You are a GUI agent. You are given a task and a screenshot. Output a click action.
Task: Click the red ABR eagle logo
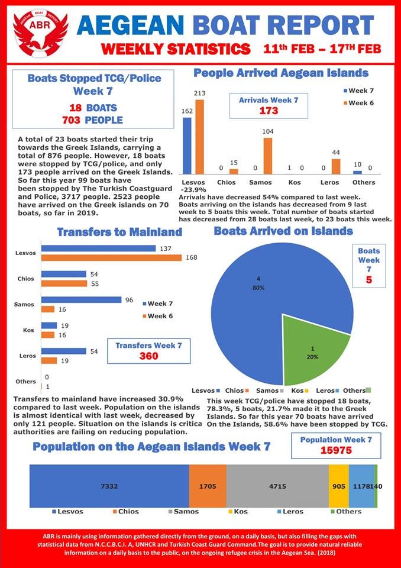point(40,35)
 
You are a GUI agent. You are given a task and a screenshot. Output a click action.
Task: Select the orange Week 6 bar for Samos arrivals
point(267,156)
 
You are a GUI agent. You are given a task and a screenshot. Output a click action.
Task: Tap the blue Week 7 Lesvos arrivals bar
point(187,146)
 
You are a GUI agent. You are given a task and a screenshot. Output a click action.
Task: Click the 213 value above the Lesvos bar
point(199,93)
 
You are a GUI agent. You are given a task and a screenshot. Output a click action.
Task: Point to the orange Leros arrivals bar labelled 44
point(336,167)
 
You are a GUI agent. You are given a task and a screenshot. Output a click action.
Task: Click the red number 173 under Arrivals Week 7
point(269,111)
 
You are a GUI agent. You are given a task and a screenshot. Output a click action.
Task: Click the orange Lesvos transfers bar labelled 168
point(111,257)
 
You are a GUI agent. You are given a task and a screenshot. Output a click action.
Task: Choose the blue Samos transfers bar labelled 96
point(81,300)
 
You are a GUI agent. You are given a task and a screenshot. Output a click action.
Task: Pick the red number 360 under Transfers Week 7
point(149,356)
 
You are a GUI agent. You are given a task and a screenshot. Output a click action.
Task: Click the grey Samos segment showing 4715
point(277,486)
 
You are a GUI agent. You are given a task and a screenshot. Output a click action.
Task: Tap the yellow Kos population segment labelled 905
point(339,486)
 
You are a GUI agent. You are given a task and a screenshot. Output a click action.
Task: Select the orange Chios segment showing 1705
point(208,486)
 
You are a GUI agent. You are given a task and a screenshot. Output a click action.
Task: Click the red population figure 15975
point(336,450)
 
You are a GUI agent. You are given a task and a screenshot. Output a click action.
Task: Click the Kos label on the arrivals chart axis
point(295,182)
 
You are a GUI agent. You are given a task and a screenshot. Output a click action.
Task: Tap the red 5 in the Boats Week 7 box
point(368,280)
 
